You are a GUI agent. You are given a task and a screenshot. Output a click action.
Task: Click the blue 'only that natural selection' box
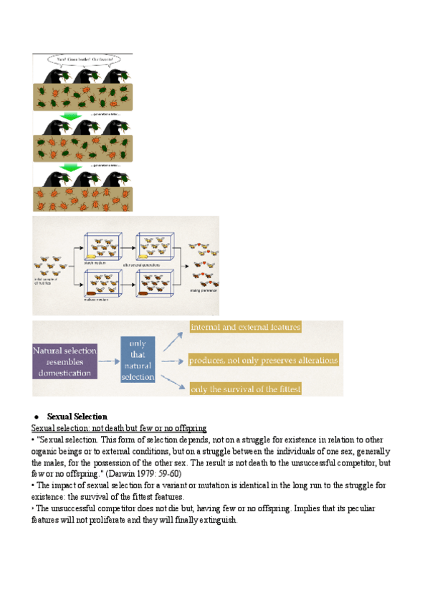[138, 360]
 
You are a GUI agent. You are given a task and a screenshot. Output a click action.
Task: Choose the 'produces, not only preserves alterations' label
[264, 360]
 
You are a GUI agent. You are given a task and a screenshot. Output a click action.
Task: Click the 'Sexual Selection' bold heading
[77, 416]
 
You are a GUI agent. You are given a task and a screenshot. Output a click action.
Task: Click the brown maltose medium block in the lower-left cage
[92, 293]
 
